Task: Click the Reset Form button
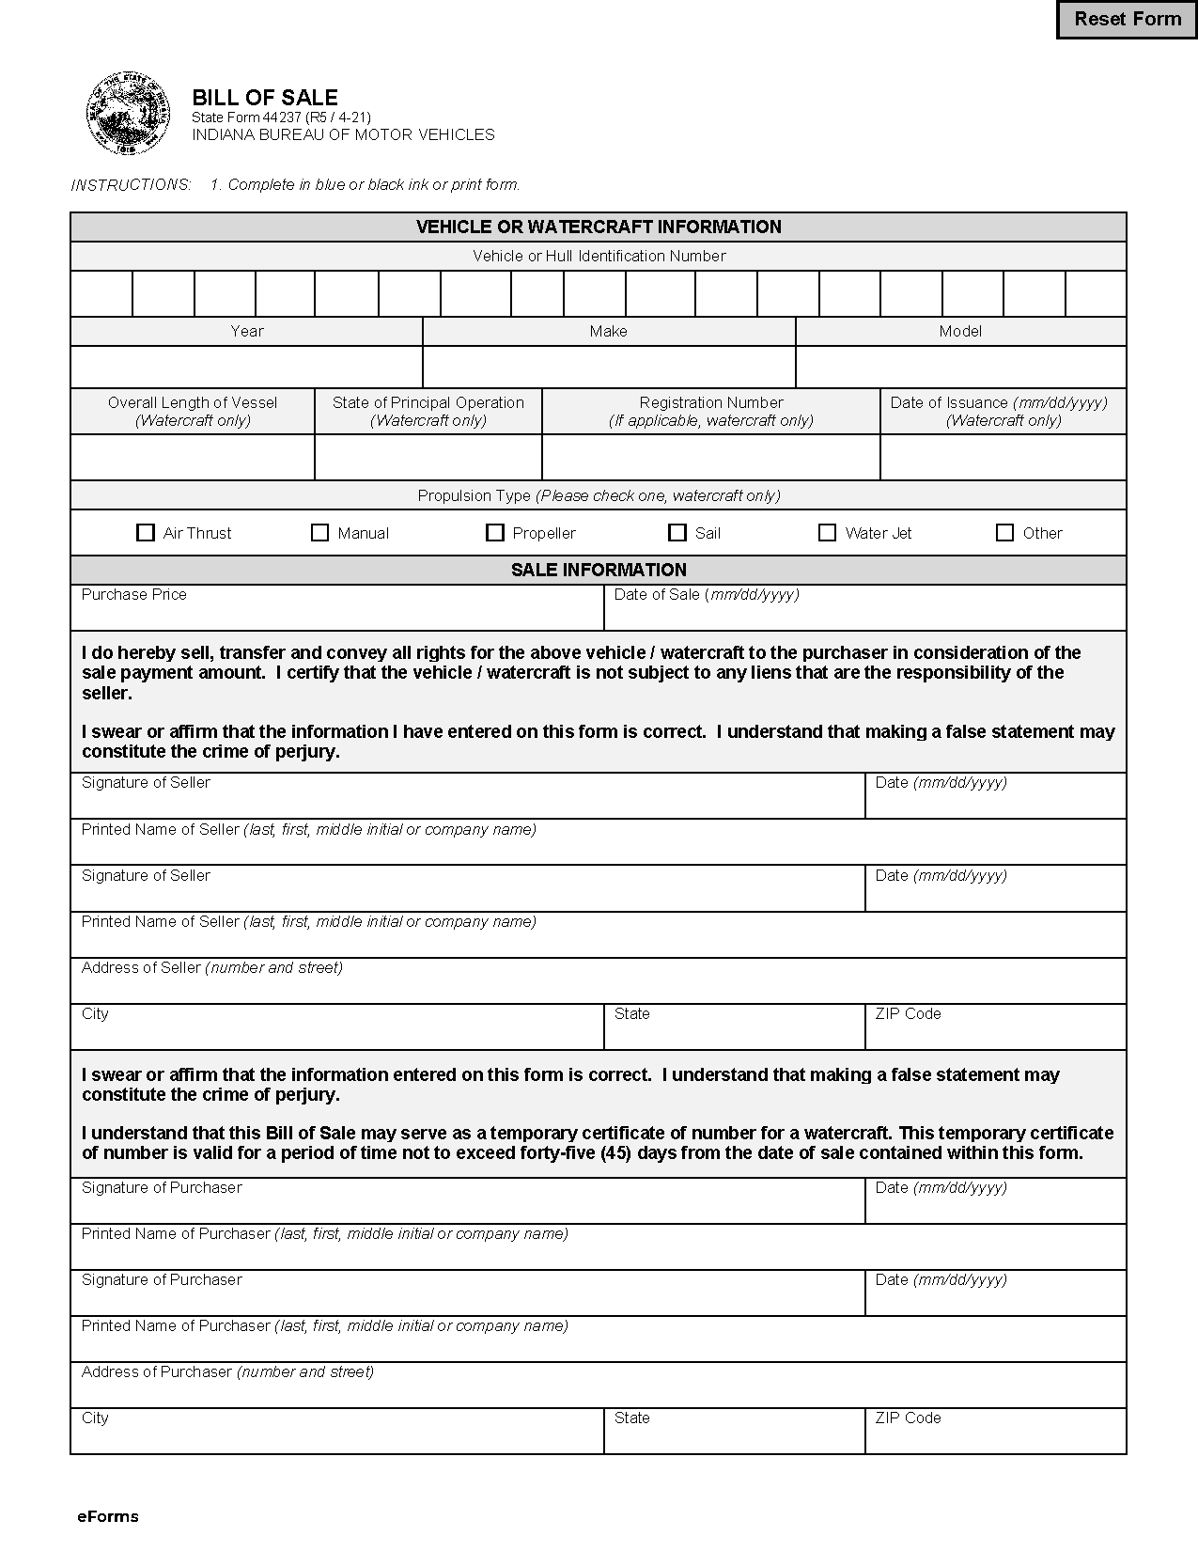click(x=1127, y=20)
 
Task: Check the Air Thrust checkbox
click(x=146, y=533)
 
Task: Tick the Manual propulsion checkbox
click(x=319, y=533)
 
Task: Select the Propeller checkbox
click(x=495, y=533)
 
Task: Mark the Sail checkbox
click(x=677, y=533)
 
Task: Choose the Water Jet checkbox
click(x=827, y=533)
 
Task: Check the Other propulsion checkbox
click(x=1004, y=533)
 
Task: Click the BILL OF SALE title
click(x=265, y=97)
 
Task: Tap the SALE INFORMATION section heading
click(x=599, y=570)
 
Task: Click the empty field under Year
click(x=246, y=367)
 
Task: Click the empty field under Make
click(x=609, y=367)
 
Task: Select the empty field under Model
click(x=960, y=367)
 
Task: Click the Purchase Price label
click(x=134, y=595)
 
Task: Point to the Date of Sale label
click(x=707, y=595)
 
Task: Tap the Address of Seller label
click(x=211, y=968)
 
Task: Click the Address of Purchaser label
click(x=227, y=1372)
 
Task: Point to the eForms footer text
click(x=108, y=1516)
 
